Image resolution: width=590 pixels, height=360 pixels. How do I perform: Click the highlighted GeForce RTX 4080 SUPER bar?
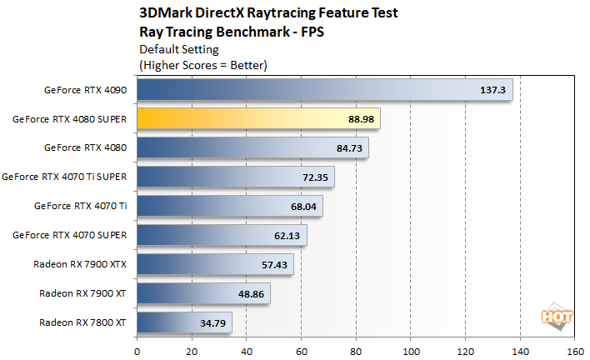click(258, 118)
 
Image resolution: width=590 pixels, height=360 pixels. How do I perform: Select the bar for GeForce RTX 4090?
click(324, 89)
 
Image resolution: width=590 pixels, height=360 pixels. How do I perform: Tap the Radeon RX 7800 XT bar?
click(184, 322)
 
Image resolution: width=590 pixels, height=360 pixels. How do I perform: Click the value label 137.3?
click(493, 89)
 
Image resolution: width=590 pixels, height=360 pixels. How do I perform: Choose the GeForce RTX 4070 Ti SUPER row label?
click(64, 177)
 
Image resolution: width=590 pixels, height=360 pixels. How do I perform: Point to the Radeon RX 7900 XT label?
click(82, 293)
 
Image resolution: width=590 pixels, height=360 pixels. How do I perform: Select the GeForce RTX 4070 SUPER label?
click(69, 235)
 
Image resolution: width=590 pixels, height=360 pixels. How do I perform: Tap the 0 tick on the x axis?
click(137, 351)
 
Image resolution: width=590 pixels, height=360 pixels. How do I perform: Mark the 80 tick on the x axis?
click(356, 351)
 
